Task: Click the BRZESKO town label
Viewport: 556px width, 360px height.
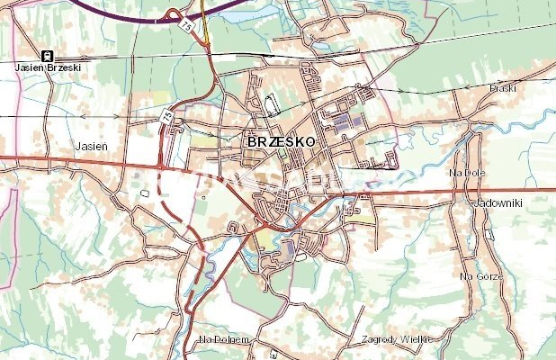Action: pos(279,142)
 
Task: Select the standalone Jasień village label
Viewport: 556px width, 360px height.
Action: pos(93,144)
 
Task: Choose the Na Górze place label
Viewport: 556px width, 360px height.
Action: pos(480,277)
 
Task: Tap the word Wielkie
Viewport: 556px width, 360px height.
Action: pos(416,339)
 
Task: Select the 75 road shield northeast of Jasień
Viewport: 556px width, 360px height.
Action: pos(166,116)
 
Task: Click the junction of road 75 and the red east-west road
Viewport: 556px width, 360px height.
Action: pos(159,166)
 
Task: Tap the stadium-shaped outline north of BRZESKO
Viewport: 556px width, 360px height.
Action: pos(272,104)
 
